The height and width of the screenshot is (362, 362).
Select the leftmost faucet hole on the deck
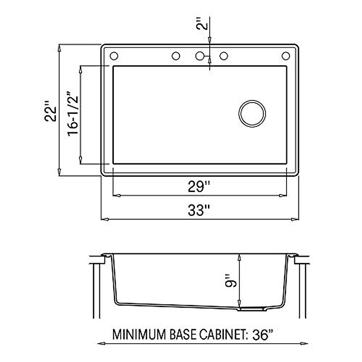tap(114, 56)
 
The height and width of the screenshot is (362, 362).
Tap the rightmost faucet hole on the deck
tap(285, 56)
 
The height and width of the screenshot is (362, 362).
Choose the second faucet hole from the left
tap(176, 56)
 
